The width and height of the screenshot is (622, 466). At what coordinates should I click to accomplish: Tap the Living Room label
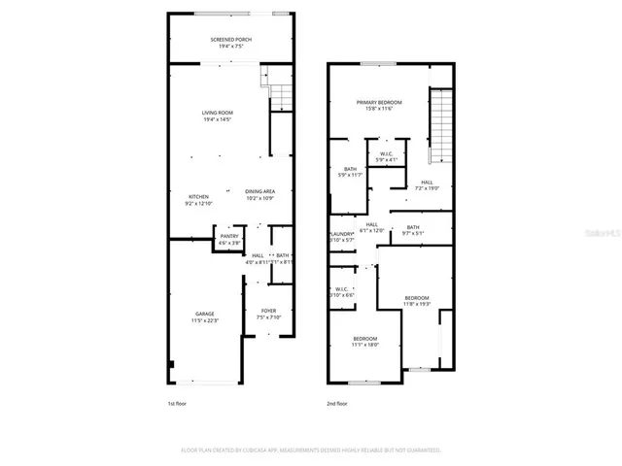click(x=217, y=113)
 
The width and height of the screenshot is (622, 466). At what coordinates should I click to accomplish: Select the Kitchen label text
click(x=198, y=196)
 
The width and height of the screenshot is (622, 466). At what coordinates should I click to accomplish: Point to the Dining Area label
click(x=259, y=191)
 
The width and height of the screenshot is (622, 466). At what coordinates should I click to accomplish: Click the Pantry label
click(x=229, y=236)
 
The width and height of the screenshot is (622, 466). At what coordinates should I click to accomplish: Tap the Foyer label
click(x=269, y=312)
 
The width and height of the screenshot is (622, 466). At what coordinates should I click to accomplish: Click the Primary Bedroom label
click(x=378, y=102)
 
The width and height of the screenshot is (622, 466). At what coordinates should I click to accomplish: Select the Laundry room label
click(x=340, y=234)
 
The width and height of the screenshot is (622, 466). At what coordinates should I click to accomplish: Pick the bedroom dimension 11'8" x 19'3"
click(x=416, y=304)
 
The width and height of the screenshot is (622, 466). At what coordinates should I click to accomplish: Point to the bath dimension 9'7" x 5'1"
click(x=413, y=233)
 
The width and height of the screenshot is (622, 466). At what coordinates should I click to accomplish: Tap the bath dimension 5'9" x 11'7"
click(x=350, y=175)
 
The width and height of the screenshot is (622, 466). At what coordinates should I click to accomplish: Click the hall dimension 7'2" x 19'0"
click(x=427, y=188)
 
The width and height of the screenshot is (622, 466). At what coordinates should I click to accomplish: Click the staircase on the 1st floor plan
click(x=280, y=95)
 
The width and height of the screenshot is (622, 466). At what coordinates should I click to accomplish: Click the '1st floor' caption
click(x=177, y=403)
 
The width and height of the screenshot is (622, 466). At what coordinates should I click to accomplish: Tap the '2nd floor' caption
click(x=337, y=403)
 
